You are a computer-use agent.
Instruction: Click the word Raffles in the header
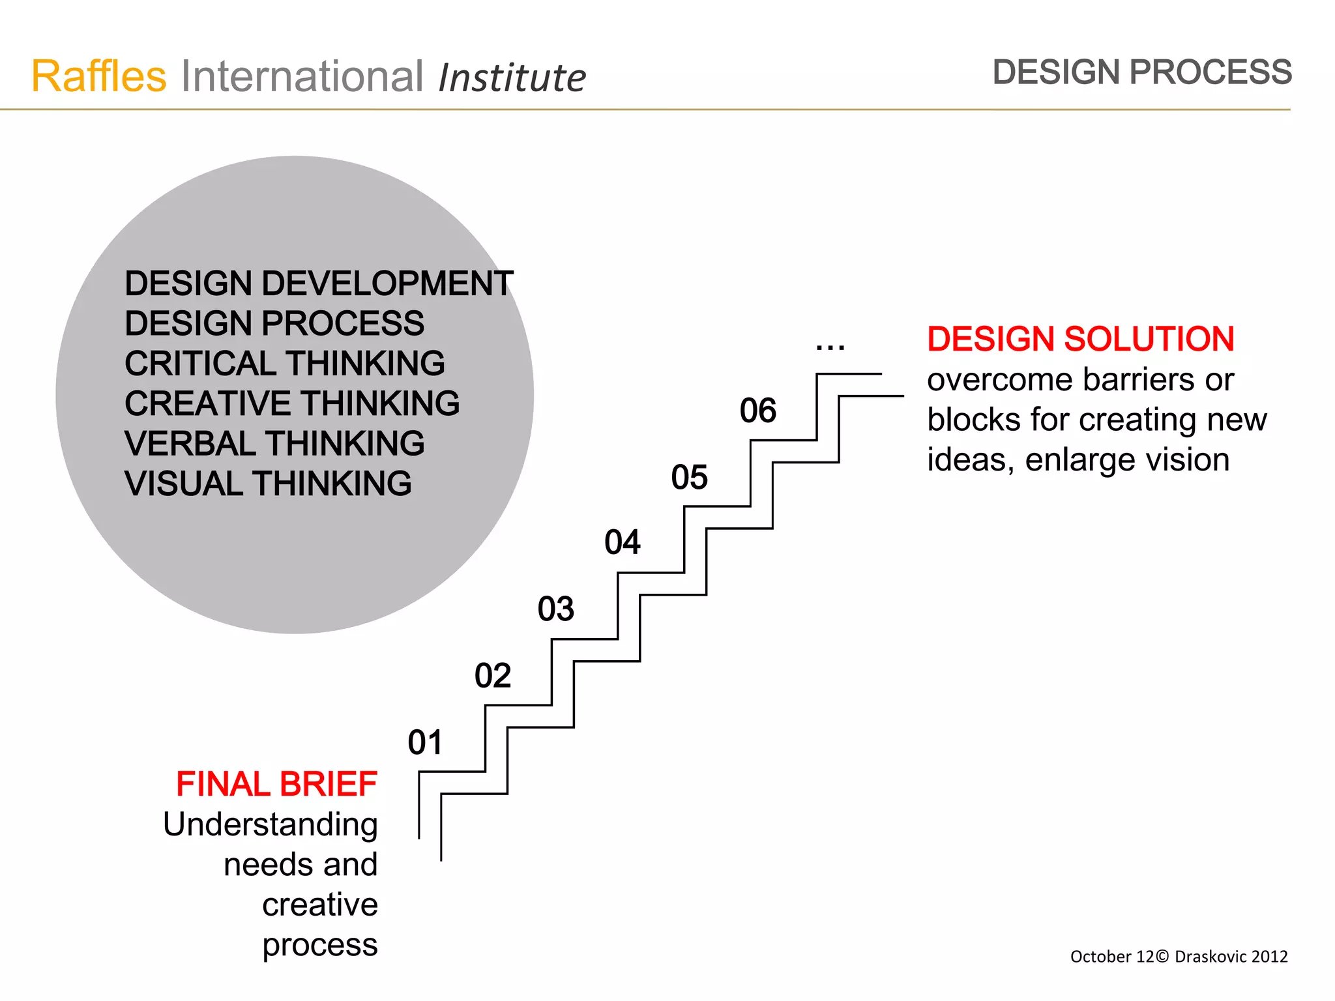[x=99, y=76]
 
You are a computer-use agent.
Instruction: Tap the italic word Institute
[x=512, y=78]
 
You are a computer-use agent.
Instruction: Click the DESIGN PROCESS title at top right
[x=1141, y=72]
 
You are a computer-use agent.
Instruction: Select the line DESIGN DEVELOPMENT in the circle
[x=318, y=283]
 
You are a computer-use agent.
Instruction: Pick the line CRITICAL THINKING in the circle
[x=285, y=363]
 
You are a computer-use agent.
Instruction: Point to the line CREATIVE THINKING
[x=292, y=403]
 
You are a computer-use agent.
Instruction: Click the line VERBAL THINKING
[x=274, y=443]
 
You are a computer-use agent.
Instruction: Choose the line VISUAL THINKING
[x=268, y=484]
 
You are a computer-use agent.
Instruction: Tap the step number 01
[x=425, y=742]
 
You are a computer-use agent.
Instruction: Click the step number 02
[x=493, y=675]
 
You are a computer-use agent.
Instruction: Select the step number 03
[x=555, y=609]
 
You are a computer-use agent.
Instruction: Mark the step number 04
[x=622, y=542]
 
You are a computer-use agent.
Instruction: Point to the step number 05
[x=689, y=477]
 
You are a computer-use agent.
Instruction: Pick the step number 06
[x=757, y=411]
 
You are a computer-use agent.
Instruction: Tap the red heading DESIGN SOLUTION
[x=1080, y=339]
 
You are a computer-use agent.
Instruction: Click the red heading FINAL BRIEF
[x=276, y=783]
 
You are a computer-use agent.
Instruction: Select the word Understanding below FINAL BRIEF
[x=270, y=824]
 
